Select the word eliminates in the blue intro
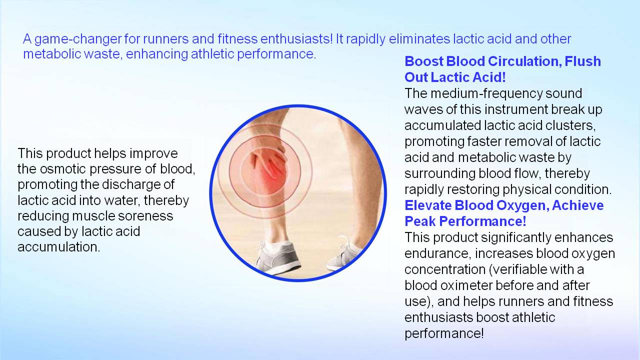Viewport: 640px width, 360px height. [x=419, y=38]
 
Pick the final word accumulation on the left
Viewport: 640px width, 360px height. [x=59, y=247]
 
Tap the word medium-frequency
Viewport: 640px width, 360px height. [x=486, y=93]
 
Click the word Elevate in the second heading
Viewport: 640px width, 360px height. [x=427, y=205]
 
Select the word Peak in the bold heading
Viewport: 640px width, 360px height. [x=420, y=221]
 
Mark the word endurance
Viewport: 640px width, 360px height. [x=437, y=253]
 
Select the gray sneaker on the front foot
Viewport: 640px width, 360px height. [x=276, y=256]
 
